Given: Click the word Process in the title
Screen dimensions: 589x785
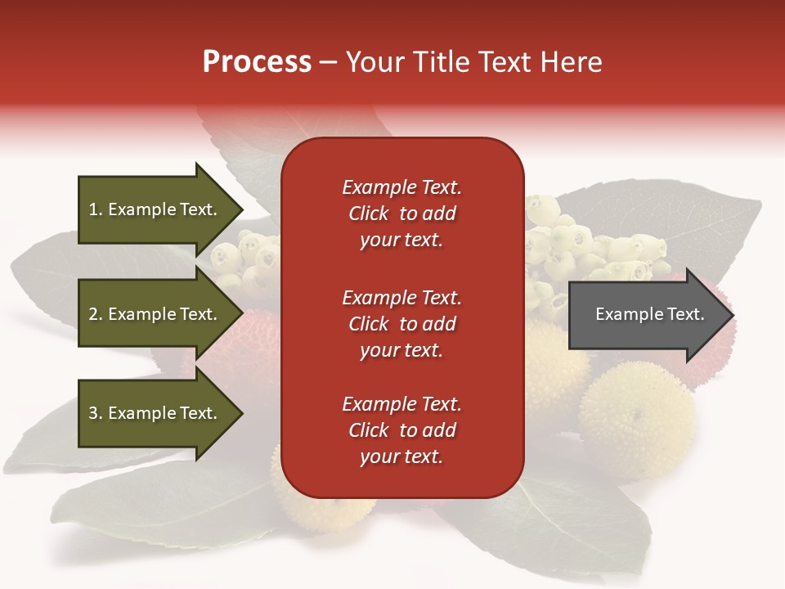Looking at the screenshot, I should coord(257,62).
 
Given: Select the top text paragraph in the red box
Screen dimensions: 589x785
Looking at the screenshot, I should coord(401,214).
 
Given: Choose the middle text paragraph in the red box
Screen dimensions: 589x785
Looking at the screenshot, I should coord(401,324).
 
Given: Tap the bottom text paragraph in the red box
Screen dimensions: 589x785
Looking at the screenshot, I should coord(401,430).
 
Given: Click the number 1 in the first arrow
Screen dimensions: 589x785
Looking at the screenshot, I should coord(93,209).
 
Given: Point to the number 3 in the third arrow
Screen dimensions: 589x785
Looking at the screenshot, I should coord(93,413).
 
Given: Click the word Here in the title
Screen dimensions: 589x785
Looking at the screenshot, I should coord(572,62).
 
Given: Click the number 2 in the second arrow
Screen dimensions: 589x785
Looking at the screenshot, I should coord(93,314).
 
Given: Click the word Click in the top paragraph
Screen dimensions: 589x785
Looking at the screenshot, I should coord(368,214).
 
